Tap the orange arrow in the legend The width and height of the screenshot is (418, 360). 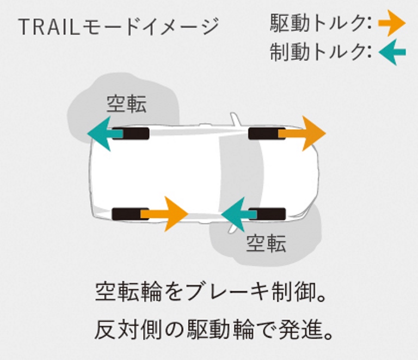click(392, 23)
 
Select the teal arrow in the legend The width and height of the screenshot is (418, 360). click(392, 53)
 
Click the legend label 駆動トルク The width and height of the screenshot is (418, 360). click(319, 23)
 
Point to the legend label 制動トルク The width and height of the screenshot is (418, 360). click(319, 53)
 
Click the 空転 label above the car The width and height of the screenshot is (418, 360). click(126, 103)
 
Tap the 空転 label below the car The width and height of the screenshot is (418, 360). click(266, 244)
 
